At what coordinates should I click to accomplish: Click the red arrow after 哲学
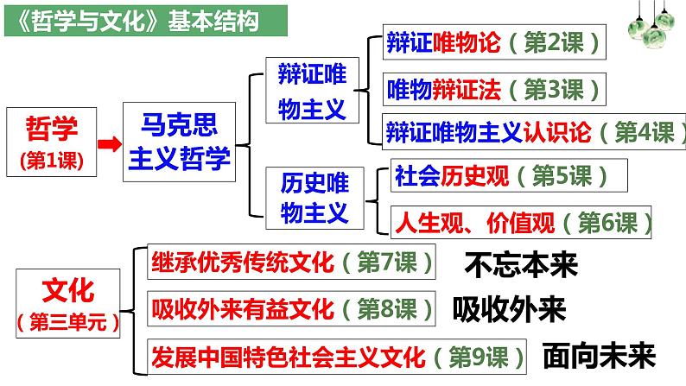pyautogui.click(x=106, y=144)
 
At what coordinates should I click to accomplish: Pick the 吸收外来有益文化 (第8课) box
pyautogui.click(x=293, y=307)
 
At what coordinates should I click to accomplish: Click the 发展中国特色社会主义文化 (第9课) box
pyautogui.click(x=340, y=355)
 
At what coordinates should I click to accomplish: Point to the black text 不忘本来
pyautogui.click(x=520, y=263)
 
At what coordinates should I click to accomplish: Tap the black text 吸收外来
pyautogui.click(x=509, y=308)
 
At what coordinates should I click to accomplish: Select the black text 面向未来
pyautogui.click(x=599, y=354)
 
